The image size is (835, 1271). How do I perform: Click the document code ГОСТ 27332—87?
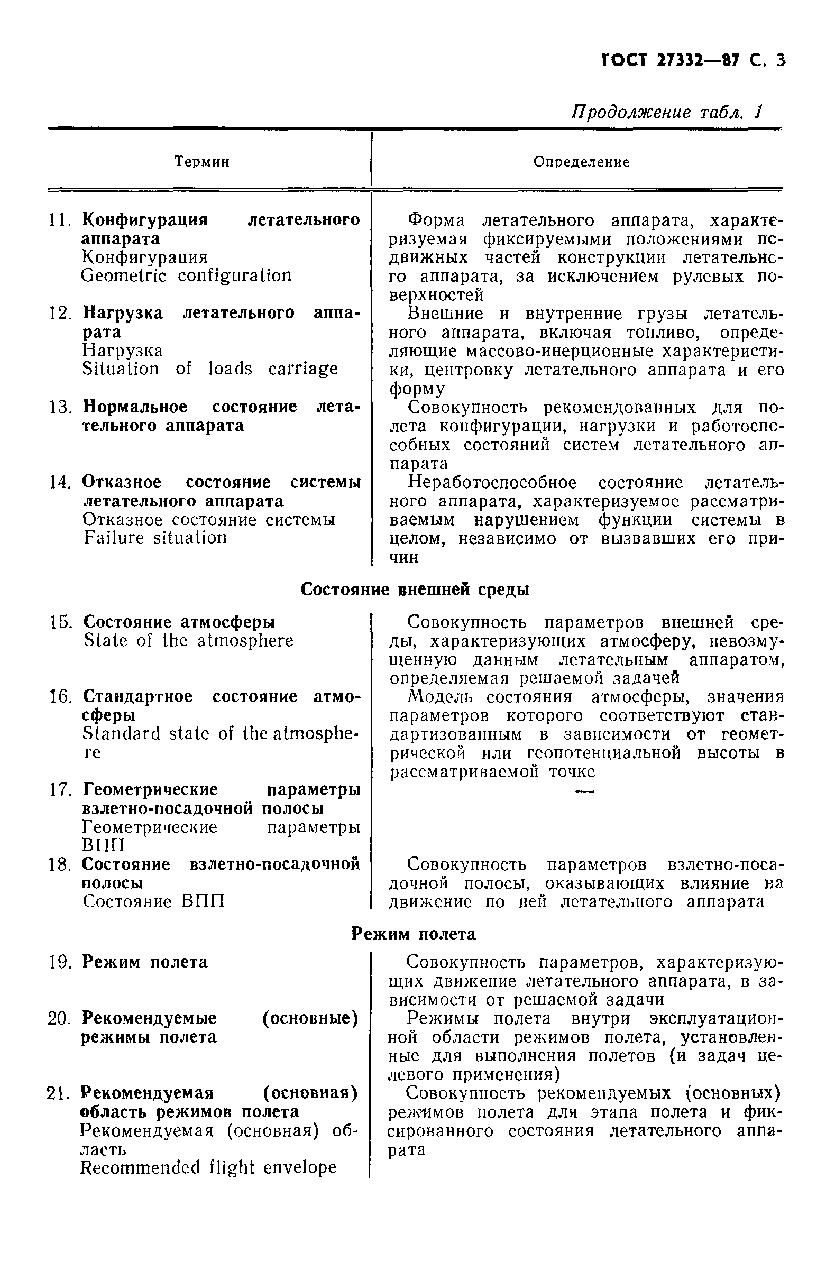coord(671,60)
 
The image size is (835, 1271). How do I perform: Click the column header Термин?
coord(202,161)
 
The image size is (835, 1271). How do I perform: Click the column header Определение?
coord(581,162)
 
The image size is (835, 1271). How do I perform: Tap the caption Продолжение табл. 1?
coord(666,112)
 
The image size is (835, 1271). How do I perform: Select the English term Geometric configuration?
coord(187,275)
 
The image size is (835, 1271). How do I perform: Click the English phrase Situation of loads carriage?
coord(210,369)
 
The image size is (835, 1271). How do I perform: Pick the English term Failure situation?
coord(155,537)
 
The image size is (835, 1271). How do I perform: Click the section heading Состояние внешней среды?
coord(415,589)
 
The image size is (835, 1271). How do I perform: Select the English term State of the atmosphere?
coord(188,640)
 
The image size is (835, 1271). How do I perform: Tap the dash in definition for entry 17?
coord(584,791)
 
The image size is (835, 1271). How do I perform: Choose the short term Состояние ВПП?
coord(153,901)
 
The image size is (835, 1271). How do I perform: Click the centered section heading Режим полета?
coord(413,934)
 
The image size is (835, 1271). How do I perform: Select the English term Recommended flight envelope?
coord(208,1167)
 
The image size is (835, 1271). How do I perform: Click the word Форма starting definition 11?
coord(435,220)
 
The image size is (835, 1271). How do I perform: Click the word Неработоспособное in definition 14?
coord(491,482)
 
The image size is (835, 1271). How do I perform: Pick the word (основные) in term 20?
coord(310,1018)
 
